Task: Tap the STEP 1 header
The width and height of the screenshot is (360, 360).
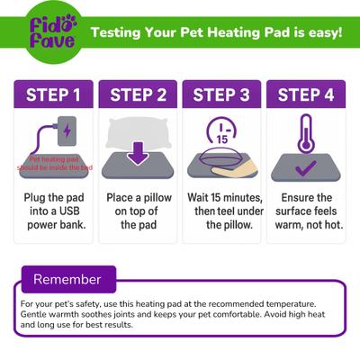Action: point(52,95)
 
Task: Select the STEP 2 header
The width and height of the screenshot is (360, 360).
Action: point(137,95)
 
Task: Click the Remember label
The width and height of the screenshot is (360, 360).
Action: point(67,279)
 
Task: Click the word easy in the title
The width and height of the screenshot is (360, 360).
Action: point(322,34)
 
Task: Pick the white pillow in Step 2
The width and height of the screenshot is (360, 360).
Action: point(137,131)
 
